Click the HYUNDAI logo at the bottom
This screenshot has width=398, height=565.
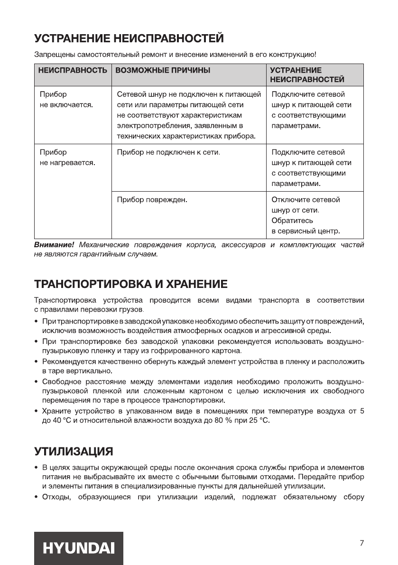pyautogui.click(x=79, y=548)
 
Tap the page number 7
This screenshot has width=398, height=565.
pyautogui.click(x=361, y=543)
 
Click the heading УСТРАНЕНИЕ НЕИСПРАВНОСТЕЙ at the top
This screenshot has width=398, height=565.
pyautogui.click(x=129, y=37)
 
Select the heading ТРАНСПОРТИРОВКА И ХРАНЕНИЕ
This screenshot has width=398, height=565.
pyautogui.click(x=130, y=284)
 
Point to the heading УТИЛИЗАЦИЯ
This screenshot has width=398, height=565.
pyautogui.click(x=74, y=449)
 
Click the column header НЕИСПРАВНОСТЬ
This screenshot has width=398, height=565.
pyautogui.click(x=73, y=70)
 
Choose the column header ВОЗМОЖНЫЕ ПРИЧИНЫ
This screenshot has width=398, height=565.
pyautogui.click(x=163, y=70)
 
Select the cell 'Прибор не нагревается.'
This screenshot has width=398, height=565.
pyautogui.click(x=67, y=157)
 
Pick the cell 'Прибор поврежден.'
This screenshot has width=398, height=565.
pyautogui.click(x=152, y=200)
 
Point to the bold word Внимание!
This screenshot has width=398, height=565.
pyautogui.click(x=54, y=245)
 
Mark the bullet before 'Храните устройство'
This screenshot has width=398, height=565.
pyautogui.click(x=37, y=411)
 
